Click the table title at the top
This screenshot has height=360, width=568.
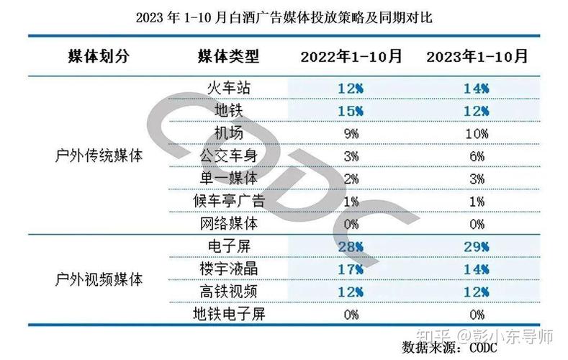coord(284,16)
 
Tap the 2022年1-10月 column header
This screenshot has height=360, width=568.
coord(351,56)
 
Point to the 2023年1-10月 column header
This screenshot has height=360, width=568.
coord(476,56)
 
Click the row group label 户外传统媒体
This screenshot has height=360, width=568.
coord(99,156)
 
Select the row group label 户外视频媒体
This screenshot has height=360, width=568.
coord(99,279)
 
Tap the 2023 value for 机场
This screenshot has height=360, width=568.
coord(476,133)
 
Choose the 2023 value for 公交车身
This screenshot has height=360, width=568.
coord(476,156)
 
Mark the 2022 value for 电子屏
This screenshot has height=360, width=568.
coord(351,246)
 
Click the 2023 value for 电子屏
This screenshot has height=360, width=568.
coord(476,246)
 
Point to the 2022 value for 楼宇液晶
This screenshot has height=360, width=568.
coord(351,269)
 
